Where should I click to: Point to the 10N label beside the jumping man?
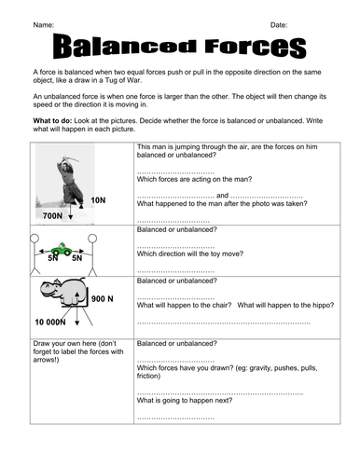[x=99, y=200]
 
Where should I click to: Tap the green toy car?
[x=64, y=249]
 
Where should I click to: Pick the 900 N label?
[x=103, y=298]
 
